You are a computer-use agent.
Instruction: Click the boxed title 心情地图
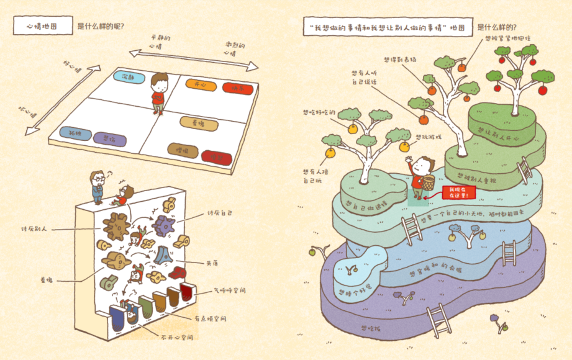point(42,27)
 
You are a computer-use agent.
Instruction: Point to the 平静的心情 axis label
point(160,42)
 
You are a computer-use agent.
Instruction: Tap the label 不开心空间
point(175,338)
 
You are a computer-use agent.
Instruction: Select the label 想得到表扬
point(399,60)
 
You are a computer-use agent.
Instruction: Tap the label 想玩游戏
point(429,137)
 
